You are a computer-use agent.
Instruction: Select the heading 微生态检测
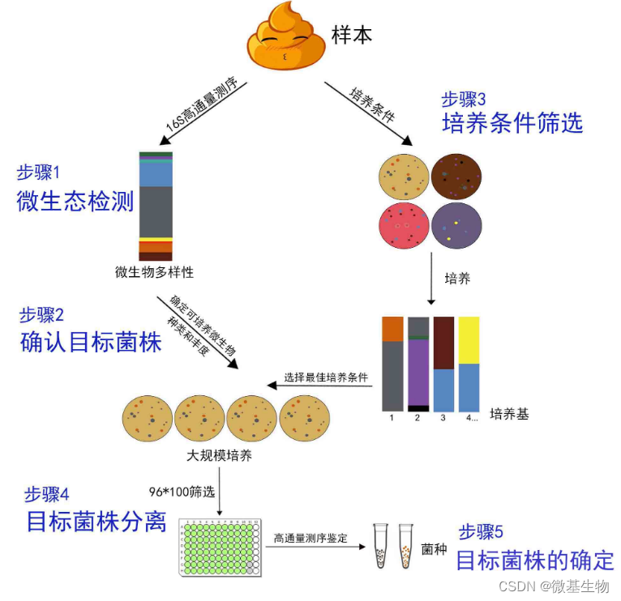pos(75,201)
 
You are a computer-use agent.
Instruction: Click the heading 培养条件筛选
pos(512,123)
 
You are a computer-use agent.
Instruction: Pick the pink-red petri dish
pos(404,228)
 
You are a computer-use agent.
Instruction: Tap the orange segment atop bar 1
pos(392,329)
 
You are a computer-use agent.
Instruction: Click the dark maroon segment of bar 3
pos(443,343)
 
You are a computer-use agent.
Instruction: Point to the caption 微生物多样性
pos(154,272)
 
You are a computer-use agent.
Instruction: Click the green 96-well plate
pos(221,546)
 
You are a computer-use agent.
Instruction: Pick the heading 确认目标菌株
pos(91,343)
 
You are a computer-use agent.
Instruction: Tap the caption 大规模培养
pos(220,454)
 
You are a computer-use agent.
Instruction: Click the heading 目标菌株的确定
pos(535,560)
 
